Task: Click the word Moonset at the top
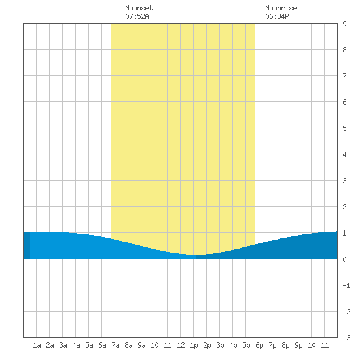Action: [x=139, y=8]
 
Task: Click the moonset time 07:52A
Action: [x=137, y=16]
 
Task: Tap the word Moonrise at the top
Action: [x=281, y=8]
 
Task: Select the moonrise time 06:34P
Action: [x=277, y=16]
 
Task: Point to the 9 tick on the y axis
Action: [x=344, y=24]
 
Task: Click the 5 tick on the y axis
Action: [x=344, y=128]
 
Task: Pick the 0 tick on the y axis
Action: [x=344, y=259]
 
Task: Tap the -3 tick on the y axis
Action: [x=346, y=338]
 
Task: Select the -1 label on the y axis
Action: [x=346, y=285]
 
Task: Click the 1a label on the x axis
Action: [x=37, y=345]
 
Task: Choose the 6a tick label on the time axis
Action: [x=102, y=345]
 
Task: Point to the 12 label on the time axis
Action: [x=181, y=345]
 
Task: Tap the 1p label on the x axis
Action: [x=194, y=345]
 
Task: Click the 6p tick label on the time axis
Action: [x=259, y=345]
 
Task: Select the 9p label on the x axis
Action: [x=298, y=345]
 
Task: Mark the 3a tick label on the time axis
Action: [x=63, y=345]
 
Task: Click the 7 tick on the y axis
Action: [x=344, y=76]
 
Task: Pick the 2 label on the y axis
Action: [x=344, y=207]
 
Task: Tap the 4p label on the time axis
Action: [x=233, y=345]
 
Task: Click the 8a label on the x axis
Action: [x=128, y=345]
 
